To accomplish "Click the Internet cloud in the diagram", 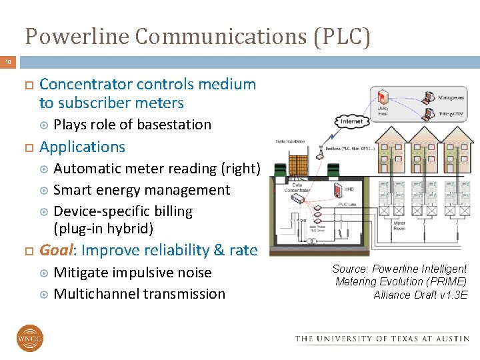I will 352,122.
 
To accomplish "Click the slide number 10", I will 9,62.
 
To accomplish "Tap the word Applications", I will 83,147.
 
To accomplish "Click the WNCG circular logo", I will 30,338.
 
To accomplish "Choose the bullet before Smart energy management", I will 45,191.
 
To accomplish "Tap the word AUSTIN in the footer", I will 450,339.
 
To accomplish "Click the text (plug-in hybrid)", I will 103,229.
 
